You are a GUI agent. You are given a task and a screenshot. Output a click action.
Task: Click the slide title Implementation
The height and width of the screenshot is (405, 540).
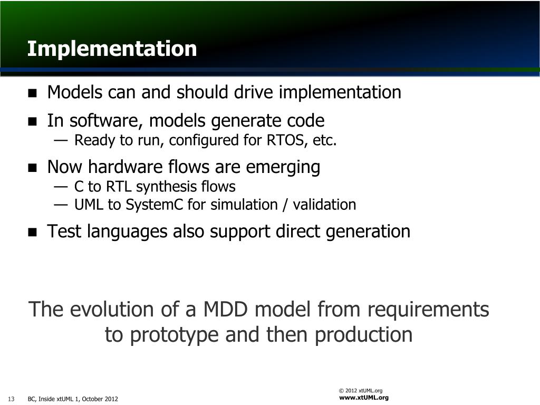tap(112, 49)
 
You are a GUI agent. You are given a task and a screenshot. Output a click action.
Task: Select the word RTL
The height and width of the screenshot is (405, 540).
tap(119, 186)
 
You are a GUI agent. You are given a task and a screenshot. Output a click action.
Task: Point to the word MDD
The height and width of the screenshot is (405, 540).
tap(226, 309)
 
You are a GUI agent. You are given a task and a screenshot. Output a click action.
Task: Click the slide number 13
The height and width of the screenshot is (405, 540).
tap(11, 399)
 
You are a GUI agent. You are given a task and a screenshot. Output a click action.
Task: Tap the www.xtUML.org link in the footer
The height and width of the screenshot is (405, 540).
tap(364, 398)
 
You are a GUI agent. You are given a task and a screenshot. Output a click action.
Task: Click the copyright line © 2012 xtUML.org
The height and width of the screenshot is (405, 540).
tap(361, 391)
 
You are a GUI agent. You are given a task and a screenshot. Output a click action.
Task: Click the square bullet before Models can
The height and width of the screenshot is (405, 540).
tap(32, 93)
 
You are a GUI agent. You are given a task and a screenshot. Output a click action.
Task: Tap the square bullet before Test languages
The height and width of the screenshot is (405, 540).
tap(32, 232)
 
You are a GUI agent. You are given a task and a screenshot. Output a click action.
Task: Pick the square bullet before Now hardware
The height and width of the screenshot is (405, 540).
tap(32, 168)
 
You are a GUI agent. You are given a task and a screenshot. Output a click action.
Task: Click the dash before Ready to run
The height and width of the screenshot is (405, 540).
tap(60, 140)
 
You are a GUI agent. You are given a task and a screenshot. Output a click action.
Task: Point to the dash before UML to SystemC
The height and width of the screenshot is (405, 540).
tap(60, 205)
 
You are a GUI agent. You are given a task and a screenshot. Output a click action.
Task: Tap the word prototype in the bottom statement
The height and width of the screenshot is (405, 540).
tap(174, 334)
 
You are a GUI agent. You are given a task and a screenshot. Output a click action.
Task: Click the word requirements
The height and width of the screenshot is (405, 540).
tap(428, 309)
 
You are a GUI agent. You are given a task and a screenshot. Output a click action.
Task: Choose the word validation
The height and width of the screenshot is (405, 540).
tap(324, 205)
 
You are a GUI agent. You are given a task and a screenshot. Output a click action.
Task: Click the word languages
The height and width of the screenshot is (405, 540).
tap(127, 232)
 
